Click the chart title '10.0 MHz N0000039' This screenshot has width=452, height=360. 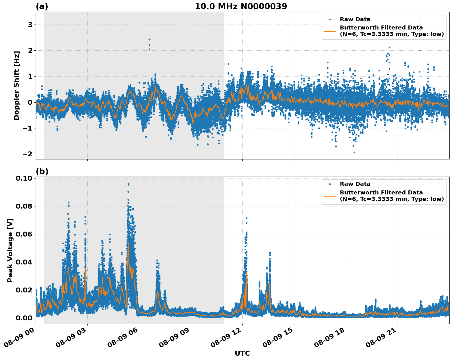[241, 6]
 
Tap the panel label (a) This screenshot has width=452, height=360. [42, 6]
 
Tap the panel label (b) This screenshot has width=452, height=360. [42, 171]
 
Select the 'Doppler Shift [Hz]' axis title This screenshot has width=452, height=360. [17, 85]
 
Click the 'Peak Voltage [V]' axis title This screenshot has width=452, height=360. [10, 250]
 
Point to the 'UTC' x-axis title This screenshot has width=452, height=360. [242, 353]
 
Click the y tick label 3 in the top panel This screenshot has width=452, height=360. [30, 25]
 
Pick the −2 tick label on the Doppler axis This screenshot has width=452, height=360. [28, 154]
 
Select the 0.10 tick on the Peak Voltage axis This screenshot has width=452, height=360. [24, 178]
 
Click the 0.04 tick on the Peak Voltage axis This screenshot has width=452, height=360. [24, 262]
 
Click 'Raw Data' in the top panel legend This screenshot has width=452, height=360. [355, 19]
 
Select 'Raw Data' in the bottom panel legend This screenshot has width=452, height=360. [355, 184]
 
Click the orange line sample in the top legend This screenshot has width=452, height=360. [330, 31]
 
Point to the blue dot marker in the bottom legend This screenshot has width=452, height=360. [330, 184]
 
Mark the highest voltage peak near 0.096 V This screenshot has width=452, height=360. [128, 184]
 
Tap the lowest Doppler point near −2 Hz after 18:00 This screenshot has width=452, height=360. [354, 152]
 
